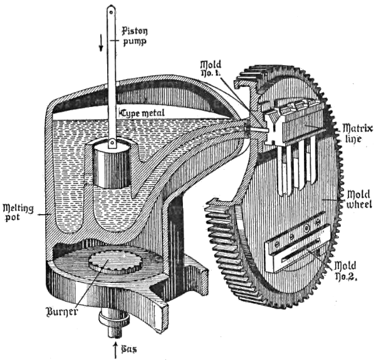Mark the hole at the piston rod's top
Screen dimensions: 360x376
pos(112,10)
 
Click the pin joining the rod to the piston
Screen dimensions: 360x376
pos(113,144)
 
